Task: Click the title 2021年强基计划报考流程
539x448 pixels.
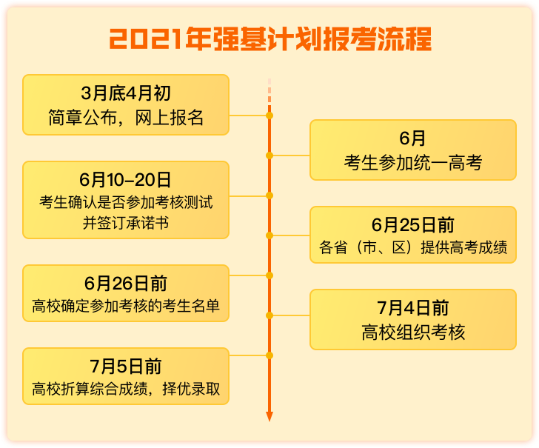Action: pyautogui.click(x=270, y=39)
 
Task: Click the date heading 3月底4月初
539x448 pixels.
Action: pyautogui.click(x=126, y=93)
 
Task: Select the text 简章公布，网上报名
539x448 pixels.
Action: pyautogui.click(x=126, y=118)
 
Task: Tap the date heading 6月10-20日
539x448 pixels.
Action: pyautogui.click(x=125, y=180)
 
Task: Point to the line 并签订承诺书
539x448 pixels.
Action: pyautogui.click(x=126, y=223)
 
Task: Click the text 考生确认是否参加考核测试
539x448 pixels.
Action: pyautogui.click(x=126, y=202)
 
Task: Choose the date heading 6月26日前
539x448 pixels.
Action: pyautogui.click(x=126, y=284)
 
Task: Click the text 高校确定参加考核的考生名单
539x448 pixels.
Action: pyautogui.click(x=126, y=306)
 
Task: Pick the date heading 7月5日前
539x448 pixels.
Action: pyautogui.click(x=126, y=367)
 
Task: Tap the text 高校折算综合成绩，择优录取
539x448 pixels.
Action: pyautogui.click(x=126, y=389)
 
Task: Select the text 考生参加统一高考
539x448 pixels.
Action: pyautogui.click(x=413, y=163)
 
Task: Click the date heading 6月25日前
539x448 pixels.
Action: pyautogui.click(x=413, y=225)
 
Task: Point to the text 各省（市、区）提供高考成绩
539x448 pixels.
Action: pyautogui.click(x=413, y=247)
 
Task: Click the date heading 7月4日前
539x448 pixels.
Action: pyautogui.click(x=413, y=308)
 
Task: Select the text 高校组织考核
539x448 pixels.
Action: pyautogui.click(x=413, y=332)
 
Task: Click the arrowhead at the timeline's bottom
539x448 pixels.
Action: pyautogui.click(x=269, y=416)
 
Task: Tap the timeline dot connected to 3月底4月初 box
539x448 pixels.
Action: pyautogui.click(x=269, y=116)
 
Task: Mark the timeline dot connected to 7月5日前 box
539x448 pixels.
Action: pyautogui.click(x=269, y=355)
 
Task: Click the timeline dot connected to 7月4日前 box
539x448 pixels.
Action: pyautogui.click(x=269, y=315)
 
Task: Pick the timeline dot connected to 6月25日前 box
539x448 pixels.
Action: pyautogui.click(x=269, y=235)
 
